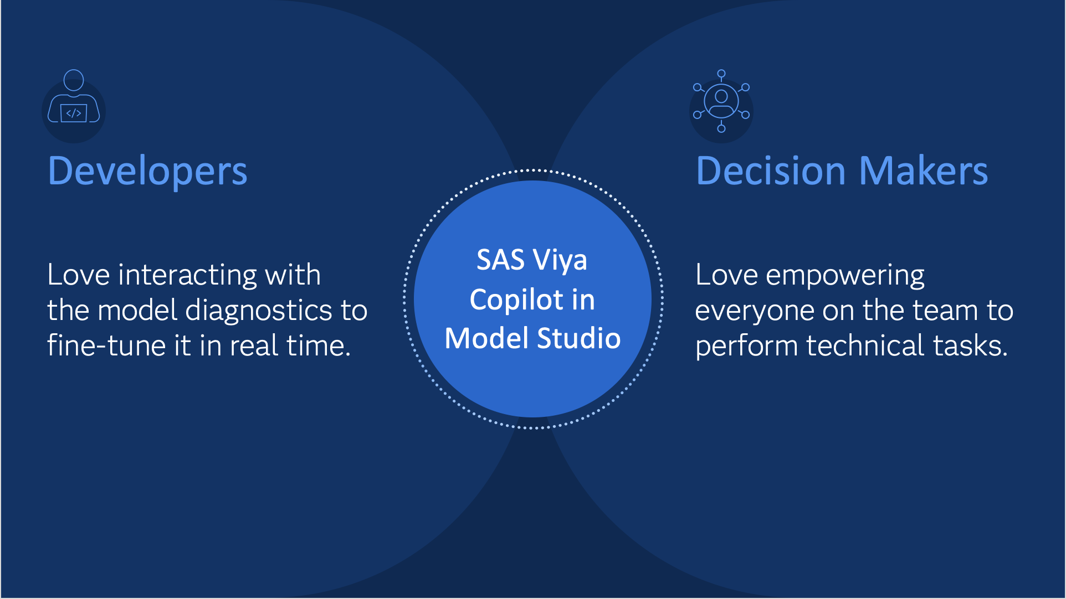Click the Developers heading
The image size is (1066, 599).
(x=147, y=171)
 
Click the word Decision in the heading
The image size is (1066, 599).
(x=770, y=171)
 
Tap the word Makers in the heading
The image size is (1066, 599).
(x=924, y=171)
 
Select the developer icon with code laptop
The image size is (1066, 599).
(x=74, y=105)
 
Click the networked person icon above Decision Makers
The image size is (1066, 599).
(x=721, y=101)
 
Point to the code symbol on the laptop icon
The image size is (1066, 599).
(x=74, y=113)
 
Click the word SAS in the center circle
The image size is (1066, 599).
(x=500, y=260)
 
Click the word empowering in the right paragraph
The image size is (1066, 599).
(x=844, y=275)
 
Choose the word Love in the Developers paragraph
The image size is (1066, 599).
(x=78, y=275)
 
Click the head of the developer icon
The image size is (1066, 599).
(x=74, y=80)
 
